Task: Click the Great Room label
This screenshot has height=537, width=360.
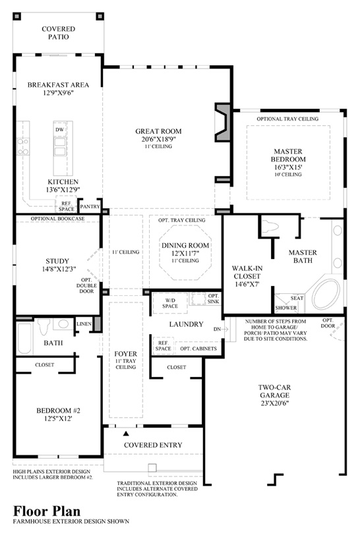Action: click(158, 131)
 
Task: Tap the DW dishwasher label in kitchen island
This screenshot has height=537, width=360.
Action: click(59, 130)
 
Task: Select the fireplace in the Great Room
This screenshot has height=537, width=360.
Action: click(222, 122)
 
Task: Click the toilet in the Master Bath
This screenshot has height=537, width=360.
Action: click(270, 227)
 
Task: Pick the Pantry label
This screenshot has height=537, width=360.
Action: click(90, 206)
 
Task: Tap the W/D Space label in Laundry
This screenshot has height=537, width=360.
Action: click(170, 303)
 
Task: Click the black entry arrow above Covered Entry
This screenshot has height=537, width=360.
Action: click(126, 434)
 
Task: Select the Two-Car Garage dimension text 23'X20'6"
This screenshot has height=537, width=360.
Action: click(274, 403)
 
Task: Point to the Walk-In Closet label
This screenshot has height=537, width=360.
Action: click(247, 272)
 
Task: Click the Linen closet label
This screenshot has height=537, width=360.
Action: click(84, 324)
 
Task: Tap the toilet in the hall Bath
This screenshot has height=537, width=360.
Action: click(44, 327)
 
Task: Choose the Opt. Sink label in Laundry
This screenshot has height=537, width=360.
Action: click(213, 298)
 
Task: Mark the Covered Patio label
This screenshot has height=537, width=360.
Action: click(58, 33)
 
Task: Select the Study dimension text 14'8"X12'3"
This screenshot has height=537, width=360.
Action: click(57, 269)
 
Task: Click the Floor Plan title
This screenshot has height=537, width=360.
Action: click(47, 511)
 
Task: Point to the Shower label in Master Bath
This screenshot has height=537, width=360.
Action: click(286, 308)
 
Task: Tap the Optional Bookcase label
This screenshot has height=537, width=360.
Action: click(57, 219)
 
